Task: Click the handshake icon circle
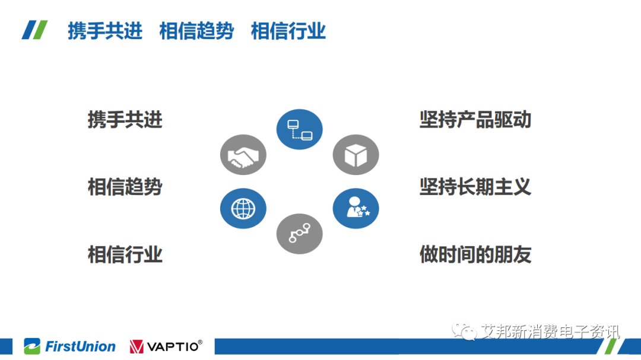243,155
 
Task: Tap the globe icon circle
243,208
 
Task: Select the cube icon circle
356,155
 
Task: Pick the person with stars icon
356,208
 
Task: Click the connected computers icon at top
300,129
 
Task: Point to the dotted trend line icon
300,234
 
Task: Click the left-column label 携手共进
125,120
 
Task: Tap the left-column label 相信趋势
125,187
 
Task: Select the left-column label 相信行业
125,254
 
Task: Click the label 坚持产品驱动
475,120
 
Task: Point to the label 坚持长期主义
475,187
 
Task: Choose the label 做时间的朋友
475,254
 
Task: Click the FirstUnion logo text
80,346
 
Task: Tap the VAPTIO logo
166,346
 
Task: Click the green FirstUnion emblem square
32,346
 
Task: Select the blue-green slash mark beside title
35,30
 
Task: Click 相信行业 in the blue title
288,31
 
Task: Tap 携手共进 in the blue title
105,31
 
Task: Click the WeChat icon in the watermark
464,331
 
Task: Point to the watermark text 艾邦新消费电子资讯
550,332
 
